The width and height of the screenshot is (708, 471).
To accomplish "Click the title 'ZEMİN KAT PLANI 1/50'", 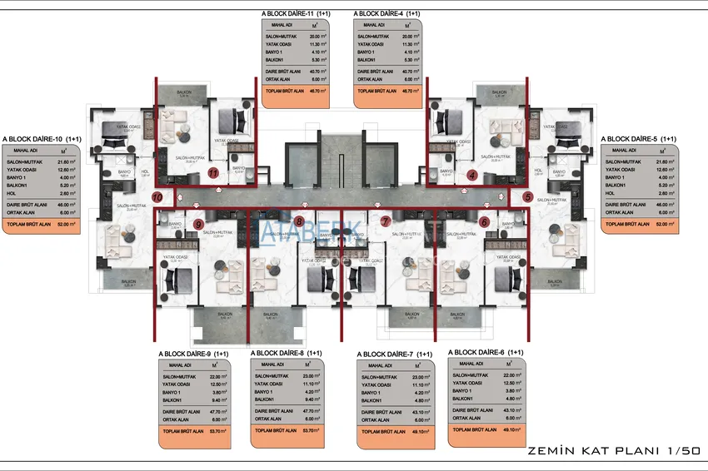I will (613, 450).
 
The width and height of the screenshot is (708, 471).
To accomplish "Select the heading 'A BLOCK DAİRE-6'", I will (486, 352).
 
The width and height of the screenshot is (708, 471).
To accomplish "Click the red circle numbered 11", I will (213, 174).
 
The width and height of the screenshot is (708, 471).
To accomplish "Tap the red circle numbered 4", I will (472, 175).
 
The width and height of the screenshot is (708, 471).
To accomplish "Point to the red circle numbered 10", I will (158, 197).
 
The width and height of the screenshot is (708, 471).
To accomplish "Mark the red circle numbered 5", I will (528, 197).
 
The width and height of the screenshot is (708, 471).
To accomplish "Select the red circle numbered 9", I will (198, 224).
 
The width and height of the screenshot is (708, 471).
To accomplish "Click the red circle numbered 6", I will (484, 222).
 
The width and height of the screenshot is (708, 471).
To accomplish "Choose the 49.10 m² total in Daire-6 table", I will (510, 429).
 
